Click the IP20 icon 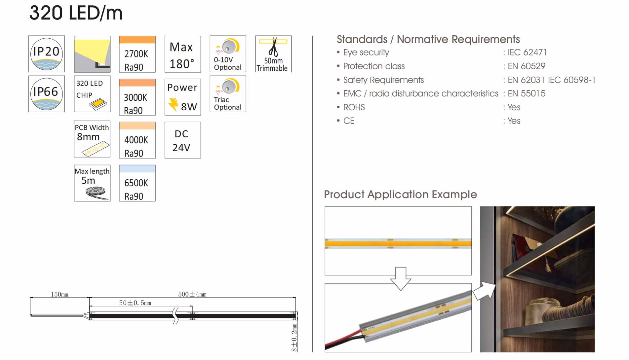pyautogui.click(x=47, y=54)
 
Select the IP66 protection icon pyautogui.click(x=47, y=94)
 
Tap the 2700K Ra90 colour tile pyautogui.click(x=137, y=54)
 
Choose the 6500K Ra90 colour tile pyautogui.click(x=137, y=183)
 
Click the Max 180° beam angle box pyautogui.click(x=183, y=54)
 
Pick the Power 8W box pyautogui.click(x=183, y=97)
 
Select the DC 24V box pyautogui.click(x=183, y=140)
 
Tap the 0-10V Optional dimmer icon pyautogui.click(x=228, y=54)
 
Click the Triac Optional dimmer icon pyautogui.click(x=228, y=94)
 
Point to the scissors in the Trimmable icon pyautogui.click(x=273, y=48)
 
